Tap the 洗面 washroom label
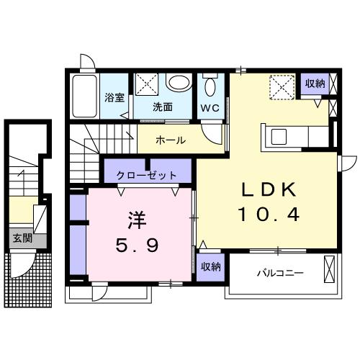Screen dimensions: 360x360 click(163, 107)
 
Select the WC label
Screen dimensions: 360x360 click(210, 108)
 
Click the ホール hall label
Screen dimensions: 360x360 click(171, 140)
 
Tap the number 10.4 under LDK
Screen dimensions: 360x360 click(266, 214)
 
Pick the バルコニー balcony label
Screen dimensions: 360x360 click(279, 273)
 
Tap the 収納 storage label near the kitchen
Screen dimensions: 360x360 click(315, 84)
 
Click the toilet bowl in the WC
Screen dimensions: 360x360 click(210, 87)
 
